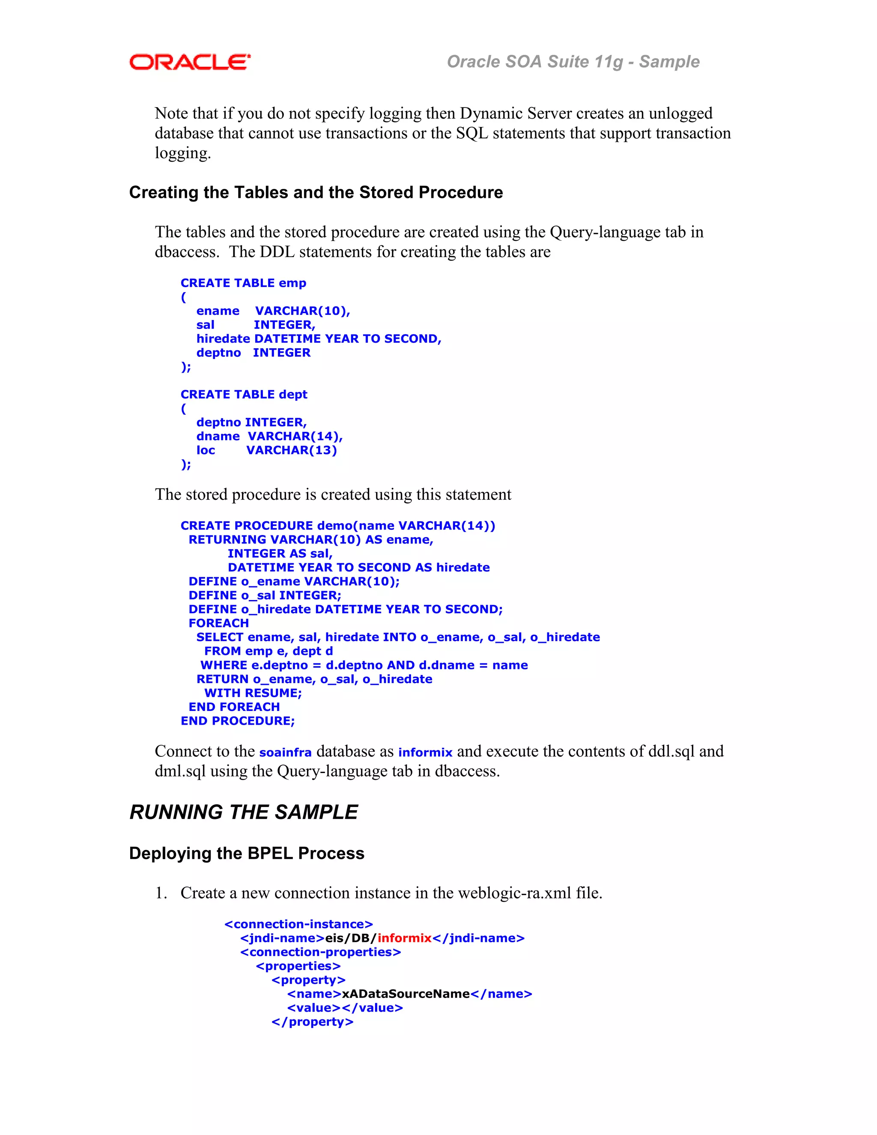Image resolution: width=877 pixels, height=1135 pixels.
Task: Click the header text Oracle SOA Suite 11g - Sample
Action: point(573,62)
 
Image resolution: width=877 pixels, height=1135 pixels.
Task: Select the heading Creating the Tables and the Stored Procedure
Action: point(316,192)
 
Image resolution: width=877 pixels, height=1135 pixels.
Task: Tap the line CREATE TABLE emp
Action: point(243,283)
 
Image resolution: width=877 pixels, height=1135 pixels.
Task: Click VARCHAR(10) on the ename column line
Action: point(302,311)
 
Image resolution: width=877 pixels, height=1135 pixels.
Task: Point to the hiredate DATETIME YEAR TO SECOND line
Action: point(319,339)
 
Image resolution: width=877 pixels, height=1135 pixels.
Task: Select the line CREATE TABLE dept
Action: point(244,394)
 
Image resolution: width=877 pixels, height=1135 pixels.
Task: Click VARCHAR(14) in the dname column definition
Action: point(295,436)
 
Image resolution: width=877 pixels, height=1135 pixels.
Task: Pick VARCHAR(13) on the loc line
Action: point(292,450)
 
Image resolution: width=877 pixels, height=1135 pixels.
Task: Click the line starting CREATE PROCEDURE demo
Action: point(338,526)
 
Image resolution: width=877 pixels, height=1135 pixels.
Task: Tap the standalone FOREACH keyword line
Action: point(219,623)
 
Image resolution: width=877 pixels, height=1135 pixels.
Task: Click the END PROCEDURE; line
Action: point(237,721)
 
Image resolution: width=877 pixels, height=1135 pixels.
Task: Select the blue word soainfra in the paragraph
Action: point(285,753)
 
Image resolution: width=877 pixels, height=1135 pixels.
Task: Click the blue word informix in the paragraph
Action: point(425,753)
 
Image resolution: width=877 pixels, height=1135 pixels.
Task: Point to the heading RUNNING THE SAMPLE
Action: point(244,812)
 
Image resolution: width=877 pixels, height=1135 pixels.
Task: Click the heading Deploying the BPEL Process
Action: point(247,853)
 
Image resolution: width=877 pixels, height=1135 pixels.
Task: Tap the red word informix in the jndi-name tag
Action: point(404,938)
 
